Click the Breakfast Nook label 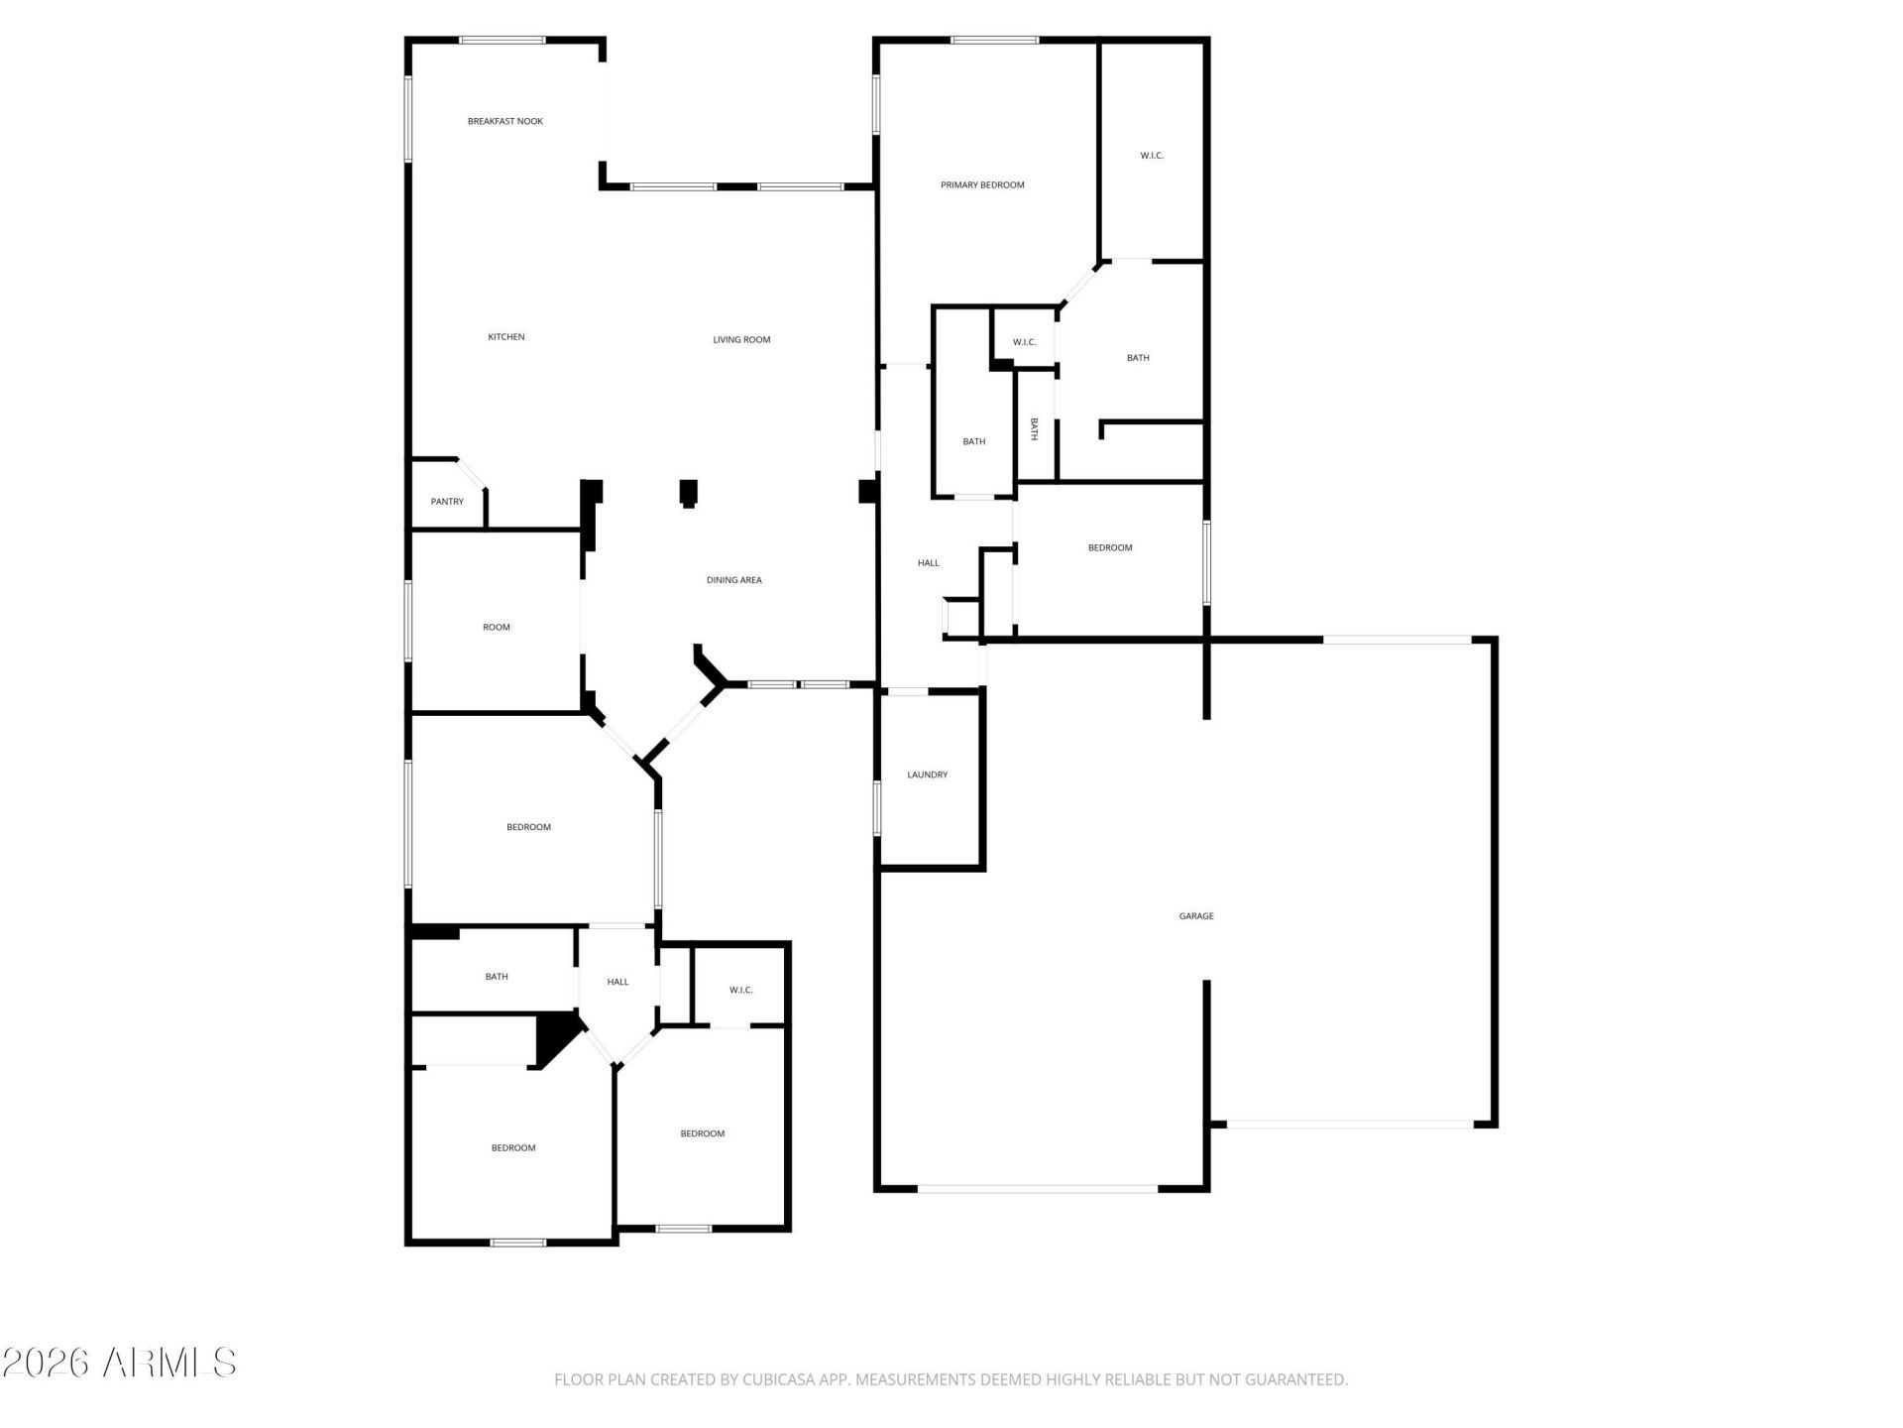coord(504,121)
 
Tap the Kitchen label coord(505,337)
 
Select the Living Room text coord(741,340)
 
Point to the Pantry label coord(447,502)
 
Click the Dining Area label coord(733,580)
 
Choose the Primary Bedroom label coord(981,185)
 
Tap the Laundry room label coord(927,774)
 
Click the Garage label coord(1195,916)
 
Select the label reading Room coord(496,628)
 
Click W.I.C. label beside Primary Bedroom coord(1151,156)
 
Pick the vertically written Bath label coord(1034,428)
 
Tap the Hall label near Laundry coord(928,563)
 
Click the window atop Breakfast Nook coord(502,41)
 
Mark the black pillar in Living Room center coord(688,493)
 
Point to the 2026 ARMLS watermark coord(119,1363)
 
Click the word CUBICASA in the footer coord(775,1379)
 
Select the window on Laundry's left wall coord(877,807)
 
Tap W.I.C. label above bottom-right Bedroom coord(740,990)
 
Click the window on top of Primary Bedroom coord(994,41)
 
